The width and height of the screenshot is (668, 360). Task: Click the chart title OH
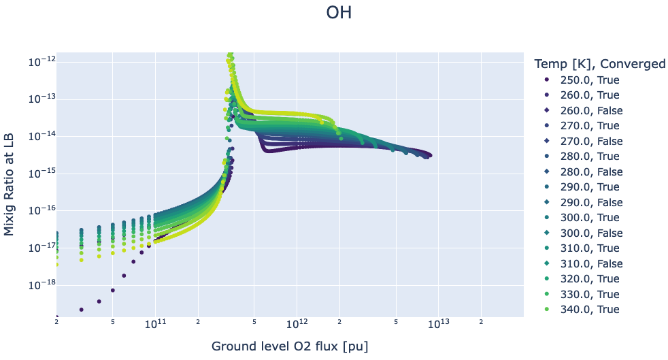[339, 13]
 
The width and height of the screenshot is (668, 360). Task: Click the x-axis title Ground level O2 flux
[290, 346]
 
